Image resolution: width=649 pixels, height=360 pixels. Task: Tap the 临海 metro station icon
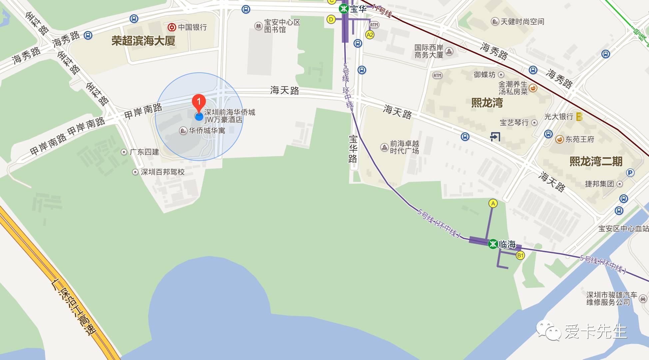click(x=493, y=244)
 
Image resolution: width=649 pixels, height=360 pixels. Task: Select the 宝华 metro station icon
click(x=343, y=9)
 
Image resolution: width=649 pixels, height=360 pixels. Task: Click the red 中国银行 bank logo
click(x=172, y=27)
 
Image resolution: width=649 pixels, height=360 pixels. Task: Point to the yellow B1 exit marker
click(x=520, y=256)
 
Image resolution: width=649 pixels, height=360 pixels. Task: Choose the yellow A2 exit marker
click(x=370, y=35)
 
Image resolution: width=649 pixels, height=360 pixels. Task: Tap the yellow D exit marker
click(x=331, y=19)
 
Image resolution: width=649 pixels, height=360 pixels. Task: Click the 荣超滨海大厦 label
click(x=143, y=41)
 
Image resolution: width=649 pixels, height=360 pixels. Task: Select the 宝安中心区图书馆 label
click(x=282, y=26)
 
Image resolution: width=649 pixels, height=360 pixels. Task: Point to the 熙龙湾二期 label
click(x=596, y=161)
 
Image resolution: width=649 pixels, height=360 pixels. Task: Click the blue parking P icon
click(x=630, y=173)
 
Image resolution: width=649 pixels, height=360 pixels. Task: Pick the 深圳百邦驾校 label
click(x=163, y=172)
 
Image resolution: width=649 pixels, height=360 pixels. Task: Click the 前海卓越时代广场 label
click(x=404, y=147)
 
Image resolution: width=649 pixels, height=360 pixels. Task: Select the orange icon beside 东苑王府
click(x=560, y=139)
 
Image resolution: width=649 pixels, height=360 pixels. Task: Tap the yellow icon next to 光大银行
click(x=580, y=117)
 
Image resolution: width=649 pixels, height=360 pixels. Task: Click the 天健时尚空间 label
click(x=522, y=22)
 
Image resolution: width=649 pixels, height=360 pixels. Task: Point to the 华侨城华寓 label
click(x=207, y=131)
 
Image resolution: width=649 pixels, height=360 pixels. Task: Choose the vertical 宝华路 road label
click(x=353, y=149)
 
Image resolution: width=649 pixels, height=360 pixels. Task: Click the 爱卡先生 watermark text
click(x=596, y=331)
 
